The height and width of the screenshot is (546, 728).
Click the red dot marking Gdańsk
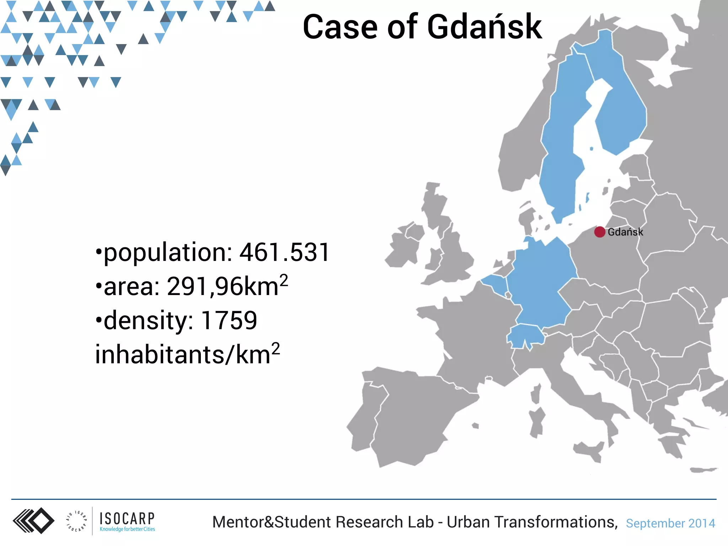600,232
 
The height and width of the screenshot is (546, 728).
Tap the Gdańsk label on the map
625,232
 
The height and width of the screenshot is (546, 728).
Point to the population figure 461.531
284,252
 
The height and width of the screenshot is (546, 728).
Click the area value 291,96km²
227,286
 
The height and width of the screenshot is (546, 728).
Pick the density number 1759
229,320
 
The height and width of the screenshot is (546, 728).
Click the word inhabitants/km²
187,354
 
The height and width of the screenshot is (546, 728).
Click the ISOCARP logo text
127,518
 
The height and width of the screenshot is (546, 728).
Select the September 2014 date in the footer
670,523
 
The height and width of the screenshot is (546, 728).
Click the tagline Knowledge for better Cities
127,529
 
